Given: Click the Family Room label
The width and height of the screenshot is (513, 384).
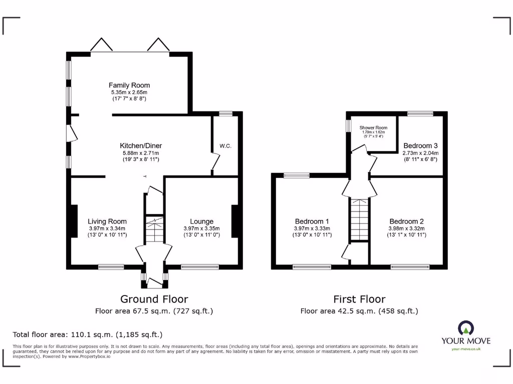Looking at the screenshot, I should [x=129, y=85].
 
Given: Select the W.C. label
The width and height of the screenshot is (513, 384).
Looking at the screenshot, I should [x=225, y=146].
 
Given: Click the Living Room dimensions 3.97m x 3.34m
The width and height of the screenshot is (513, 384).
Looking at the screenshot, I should [x=107, y=228].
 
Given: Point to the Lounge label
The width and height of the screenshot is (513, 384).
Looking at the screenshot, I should [x=201, y=221].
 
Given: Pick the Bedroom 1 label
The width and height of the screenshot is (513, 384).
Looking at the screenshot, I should [x=312, y=221].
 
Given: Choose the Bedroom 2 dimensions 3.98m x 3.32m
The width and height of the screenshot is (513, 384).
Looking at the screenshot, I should [x=407, y=228].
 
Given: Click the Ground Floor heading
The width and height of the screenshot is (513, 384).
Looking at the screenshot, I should [x=154, y=299].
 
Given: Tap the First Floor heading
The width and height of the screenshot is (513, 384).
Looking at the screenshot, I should [x=359, y=299].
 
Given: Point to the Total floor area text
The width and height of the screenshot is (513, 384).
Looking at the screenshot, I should [x=87, y=334].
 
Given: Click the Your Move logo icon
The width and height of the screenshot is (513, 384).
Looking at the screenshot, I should [x=465, y=328].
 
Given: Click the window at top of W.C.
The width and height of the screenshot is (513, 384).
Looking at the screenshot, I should [x=225, y=114].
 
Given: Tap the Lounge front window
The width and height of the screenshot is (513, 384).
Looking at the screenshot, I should [x=199, y=267].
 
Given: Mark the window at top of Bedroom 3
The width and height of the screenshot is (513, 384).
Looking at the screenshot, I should [x=420, y=114].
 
